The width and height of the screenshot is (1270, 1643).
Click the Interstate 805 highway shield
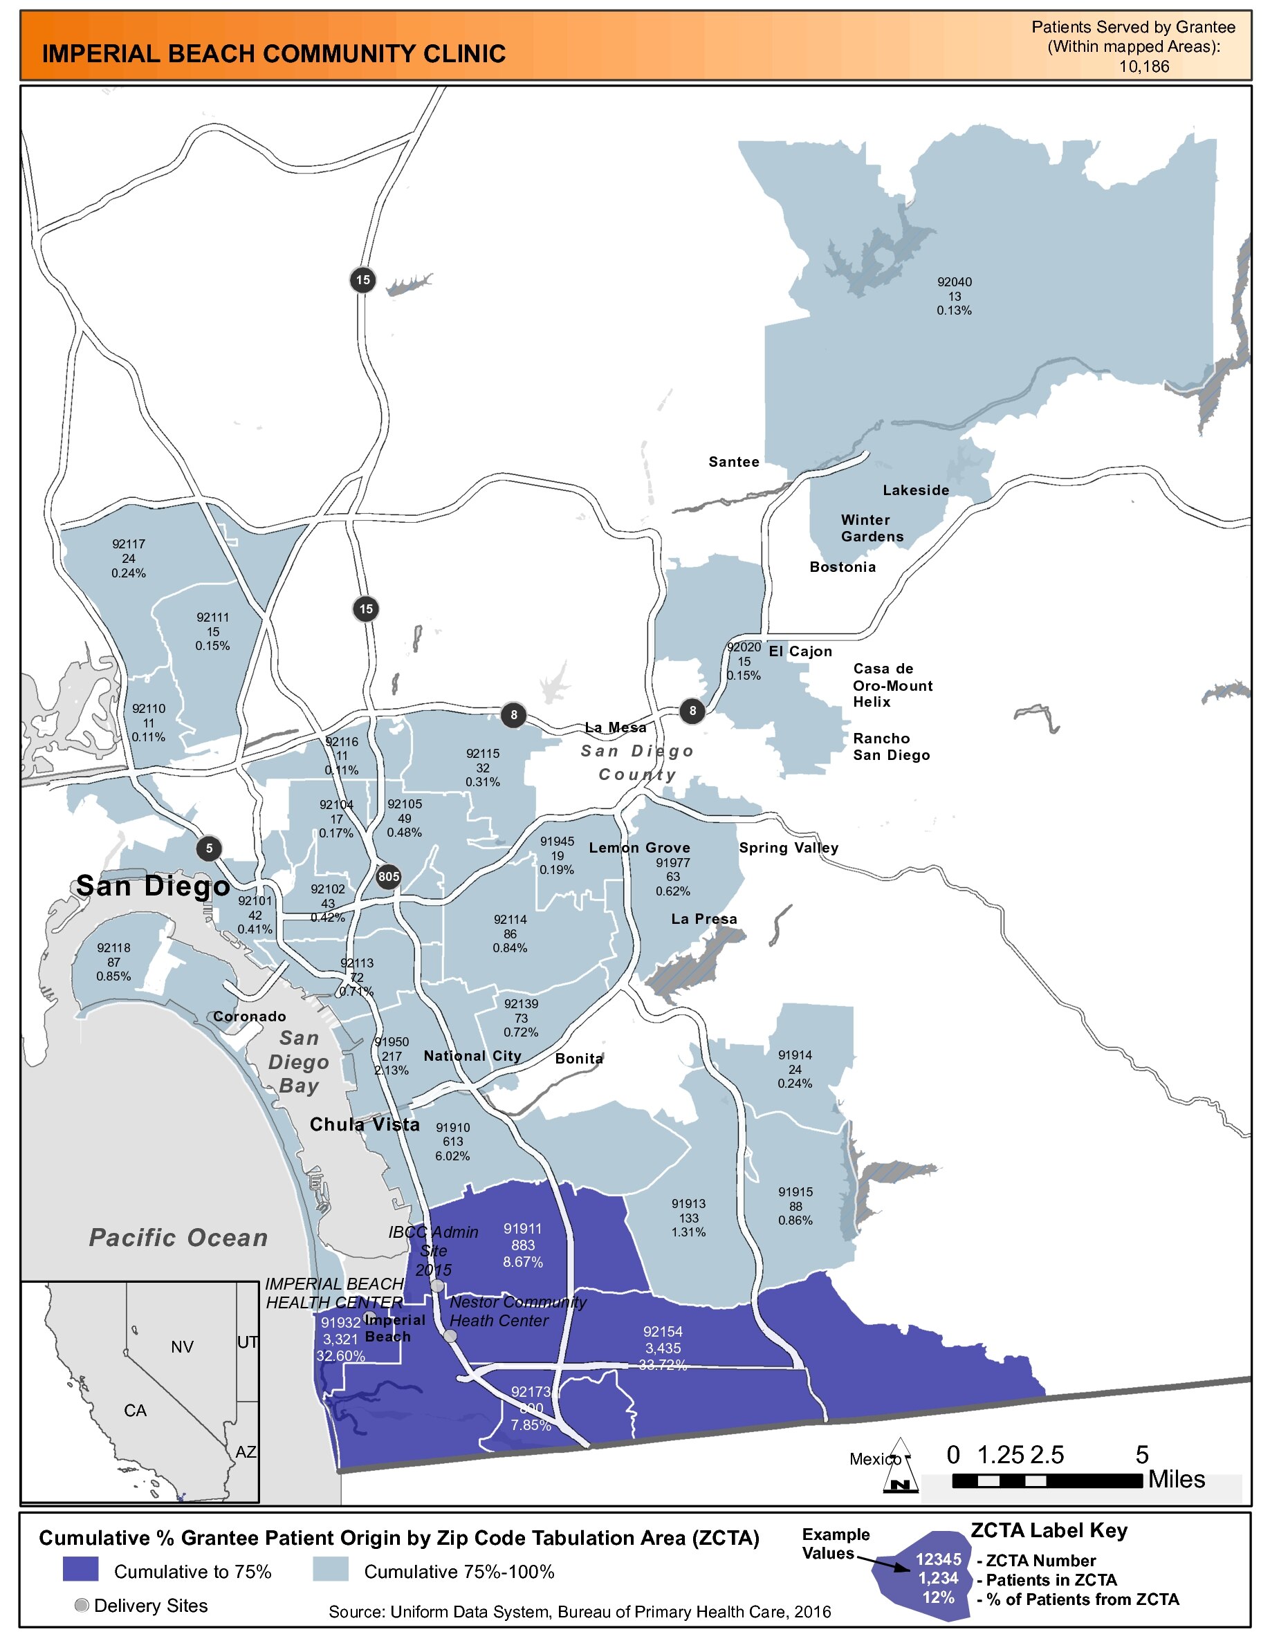(x=388, y=876)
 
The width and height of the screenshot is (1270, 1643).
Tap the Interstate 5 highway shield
(x=209, y=848)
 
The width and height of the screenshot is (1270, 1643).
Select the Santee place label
(x=733, y=462)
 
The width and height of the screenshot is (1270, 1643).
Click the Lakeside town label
(x=916, y=490)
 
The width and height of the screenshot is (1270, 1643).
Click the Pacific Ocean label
(x=178, y=1238)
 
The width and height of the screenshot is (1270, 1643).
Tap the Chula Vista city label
(x=365, y=1124)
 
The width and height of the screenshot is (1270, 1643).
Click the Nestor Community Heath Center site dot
(x=450, y=1336)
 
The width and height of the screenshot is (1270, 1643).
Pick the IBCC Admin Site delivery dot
(x=437, y=1286)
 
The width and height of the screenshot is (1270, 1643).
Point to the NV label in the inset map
(x=182, y=1347)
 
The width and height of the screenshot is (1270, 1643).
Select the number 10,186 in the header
(x=1143, y=66)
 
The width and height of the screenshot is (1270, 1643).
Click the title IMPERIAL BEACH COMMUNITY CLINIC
(x=274, y=54)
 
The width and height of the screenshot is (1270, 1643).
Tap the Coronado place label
(x=249, y=1017)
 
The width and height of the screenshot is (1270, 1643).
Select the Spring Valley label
(x=789, y=848)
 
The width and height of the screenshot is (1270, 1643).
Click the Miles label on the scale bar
(x=1176, y=1480)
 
